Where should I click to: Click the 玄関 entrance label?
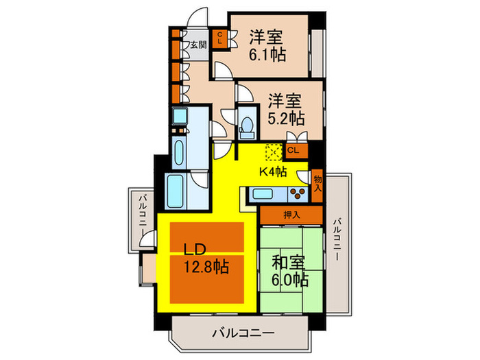197,45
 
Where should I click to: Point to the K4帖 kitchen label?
272,172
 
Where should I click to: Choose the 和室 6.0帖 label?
291,271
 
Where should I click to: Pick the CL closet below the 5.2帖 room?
293,150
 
